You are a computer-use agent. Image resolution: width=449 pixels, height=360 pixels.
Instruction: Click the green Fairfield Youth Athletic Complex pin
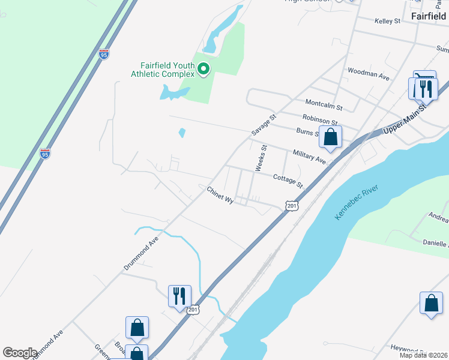pyautogui.click(x=203, y=70)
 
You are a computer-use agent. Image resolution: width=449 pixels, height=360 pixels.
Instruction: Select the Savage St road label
pyautogui.click(x=263, y=125)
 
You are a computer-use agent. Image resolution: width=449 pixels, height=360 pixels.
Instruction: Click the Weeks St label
pyautogui.click(x=260, y=158)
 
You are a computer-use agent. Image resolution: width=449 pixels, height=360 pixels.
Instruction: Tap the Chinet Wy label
pyautogui.click(x=220, y=196)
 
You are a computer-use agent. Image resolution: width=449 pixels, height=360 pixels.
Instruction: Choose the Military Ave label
pyautogui.click(x=309, y=157)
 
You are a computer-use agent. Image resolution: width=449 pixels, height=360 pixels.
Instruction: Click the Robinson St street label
pyautogui.click(x=321, y=121)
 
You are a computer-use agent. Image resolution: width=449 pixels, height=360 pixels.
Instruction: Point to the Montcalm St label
pyautogui.click(x=324, y=106)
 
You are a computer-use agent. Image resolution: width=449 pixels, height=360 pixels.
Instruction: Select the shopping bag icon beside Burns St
pyautogui.click(x=330, y=137)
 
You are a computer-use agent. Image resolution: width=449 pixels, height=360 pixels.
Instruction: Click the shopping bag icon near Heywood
pyautogui.click(x=431, y=303)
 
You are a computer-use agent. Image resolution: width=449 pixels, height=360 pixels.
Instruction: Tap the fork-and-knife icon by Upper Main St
pyautogui.click(x=426, y=88)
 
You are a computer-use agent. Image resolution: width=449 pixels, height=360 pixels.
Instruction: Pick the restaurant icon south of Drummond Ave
pyautogui.click(x=179, y=296)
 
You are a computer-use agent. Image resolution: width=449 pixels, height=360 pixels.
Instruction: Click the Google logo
pyautogui.click(x=20, y=353)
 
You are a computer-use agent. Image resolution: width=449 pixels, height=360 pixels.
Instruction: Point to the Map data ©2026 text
pyautogui.click(x=424, y=355)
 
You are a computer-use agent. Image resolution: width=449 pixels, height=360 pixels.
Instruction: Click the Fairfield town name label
pyautogui.click(x=429, y=16)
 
